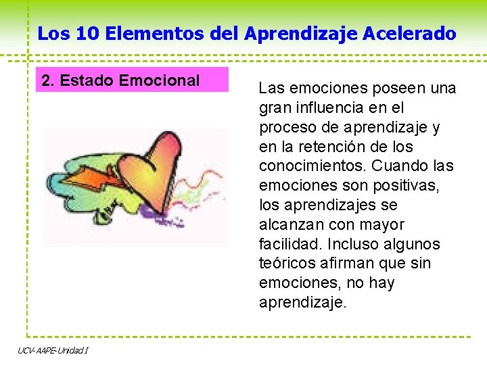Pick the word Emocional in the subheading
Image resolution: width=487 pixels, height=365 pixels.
click(x=159, y=81)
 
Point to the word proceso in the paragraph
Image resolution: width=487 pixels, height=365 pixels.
click(x=285, y=127)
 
